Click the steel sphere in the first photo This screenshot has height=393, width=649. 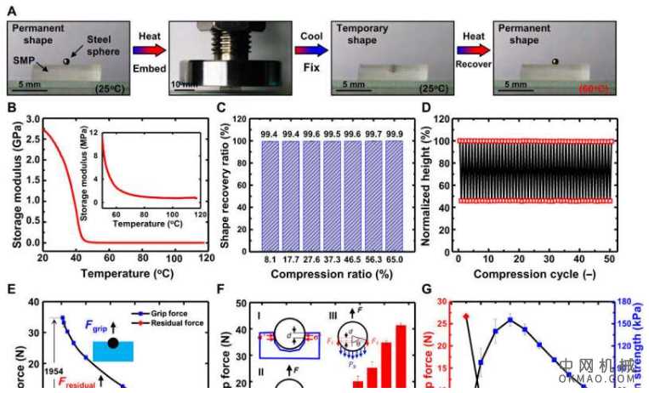66,62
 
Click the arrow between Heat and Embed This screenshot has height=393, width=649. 150,51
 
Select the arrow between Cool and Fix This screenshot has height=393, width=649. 311,51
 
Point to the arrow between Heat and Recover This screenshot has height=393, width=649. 473,51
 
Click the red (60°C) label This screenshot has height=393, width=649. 595,88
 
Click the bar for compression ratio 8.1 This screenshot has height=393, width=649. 270,197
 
